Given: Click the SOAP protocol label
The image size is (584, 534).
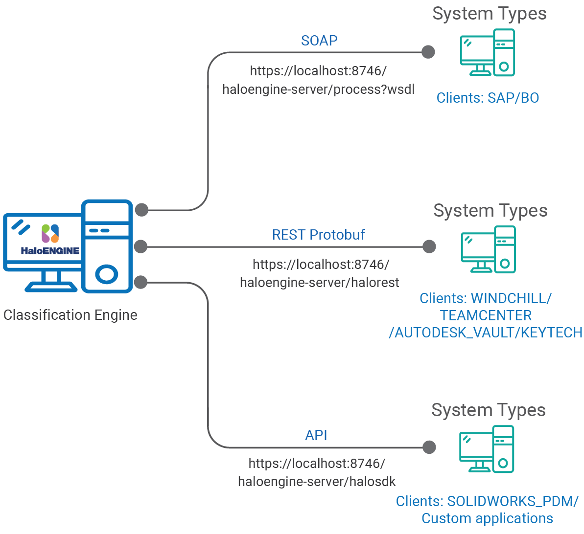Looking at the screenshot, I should click(319, 41).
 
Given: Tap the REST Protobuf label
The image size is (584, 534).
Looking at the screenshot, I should click(318, 235).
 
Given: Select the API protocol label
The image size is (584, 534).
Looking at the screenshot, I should click(316, 435).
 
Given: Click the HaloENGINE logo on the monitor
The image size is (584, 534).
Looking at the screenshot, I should click(50, 240).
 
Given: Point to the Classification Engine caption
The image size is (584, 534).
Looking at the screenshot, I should click(70, 315).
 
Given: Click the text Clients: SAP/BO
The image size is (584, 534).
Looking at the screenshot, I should click(488, 98).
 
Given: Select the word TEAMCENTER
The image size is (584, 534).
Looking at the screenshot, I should click(486, 315).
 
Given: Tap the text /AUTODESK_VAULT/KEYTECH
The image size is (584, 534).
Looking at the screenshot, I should click(486, 333).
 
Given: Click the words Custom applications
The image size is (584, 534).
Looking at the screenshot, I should click(487, 518).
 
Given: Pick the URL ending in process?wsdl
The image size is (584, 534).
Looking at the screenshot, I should click(318, 89).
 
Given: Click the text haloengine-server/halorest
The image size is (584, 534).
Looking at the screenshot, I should click(319, 283).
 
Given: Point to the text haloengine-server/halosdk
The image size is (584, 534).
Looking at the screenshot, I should click(317, 482).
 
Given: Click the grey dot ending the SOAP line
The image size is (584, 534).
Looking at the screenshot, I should click(428, 52).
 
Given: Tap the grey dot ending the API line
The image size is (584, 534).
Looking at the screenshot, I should click(429, 447).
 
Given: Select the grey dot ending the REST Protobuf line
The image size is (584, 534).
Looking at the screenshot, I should click(429, 246).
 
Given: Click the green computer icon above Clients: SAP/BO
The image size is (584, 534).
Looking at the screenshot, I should click(487, 53).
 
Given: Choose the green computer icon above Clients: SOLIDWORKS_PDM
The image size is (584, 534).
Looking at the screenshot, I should click(487, 449).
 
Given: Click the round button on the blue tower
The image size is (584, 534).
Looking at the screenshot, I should click(107, 274).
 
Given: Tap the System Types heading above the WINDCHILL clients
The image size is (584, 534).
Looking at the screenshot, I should click(490, 211).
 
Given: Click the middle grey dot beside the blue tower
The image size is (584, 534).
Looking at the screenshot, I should click(141, 246).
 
